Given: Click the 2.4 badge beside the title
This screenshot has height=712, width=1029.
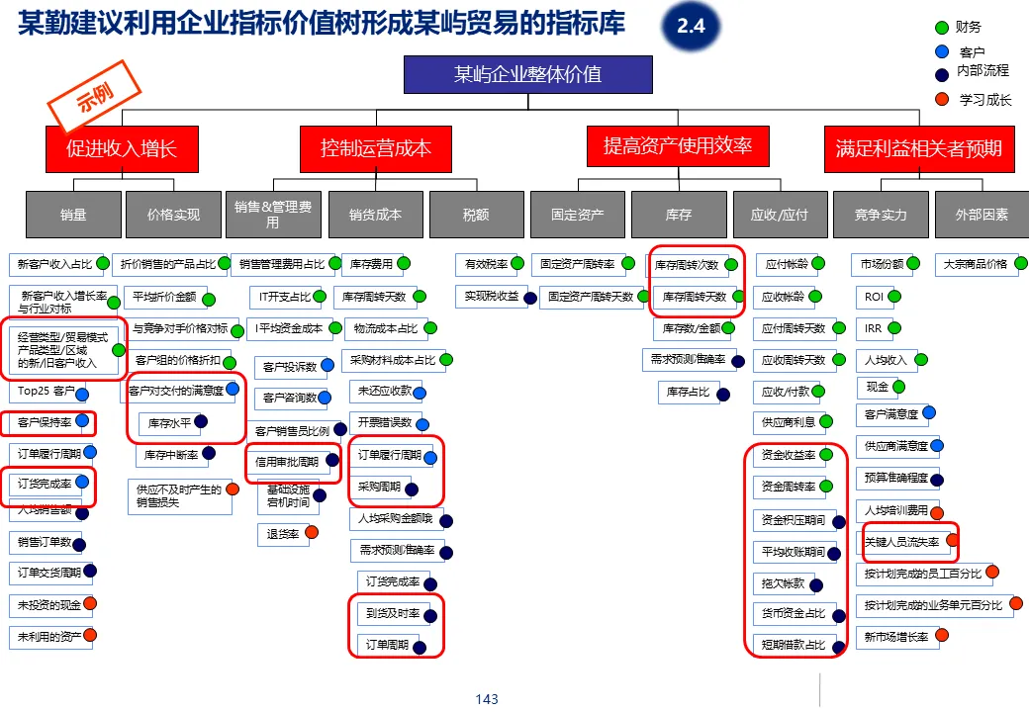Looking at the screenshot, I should (691, 28).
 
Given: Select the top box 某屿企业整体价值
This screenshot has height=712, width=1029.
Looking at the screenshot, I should (527, 74).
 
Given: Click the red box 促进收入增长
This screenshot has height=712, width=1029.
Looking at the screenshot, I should (122, 149).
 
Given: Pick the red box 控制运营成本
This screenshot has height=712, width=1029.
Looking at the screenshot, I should (376, 149).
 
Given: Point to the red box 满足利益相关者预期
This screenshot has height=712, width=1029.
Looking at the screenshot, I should (918, 149).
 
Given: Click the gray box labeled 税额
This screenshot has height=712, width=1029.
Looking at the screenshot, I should (476, 214).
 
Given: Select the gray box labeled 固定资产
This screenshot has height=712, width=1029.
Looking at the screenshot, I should (577, 214).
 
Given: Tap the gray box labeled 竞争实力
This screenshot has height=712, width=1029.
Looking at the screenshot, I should (881, 214).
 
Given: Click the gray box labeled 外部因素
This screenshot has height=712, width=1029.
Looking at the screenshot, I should (982, 214).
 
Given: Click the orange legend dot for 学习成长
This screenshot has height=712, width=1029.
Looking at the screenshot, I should (942, 99).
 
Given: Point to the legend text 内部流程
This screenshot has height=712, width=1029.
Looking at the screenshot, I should (983, 70).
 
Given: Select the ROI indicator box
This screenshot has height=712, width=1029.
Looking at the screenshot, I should (874, 297).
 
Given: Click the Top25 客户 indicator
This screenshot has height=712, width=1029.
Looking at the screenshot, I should (46, 392).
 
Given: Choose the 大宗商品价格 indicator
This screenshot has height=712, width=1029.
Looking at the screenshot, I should (975, 265).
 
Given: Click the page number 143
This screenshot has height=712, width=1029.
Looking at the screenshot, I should (487, 699).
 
